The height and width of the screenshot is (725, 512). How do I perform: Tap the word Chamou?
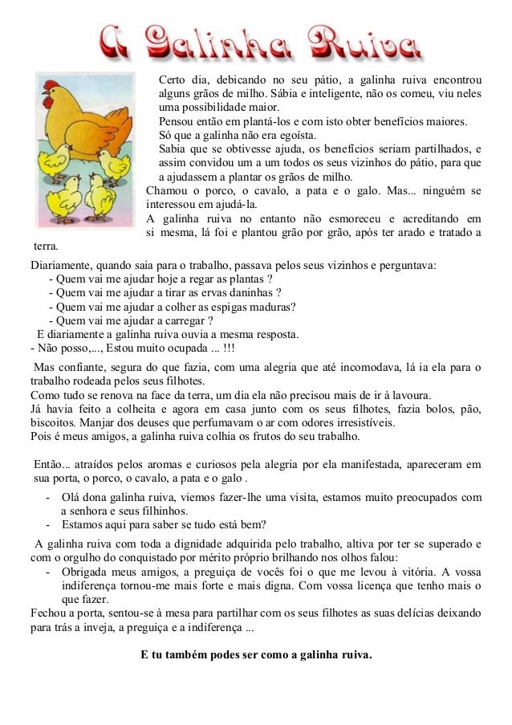click(165, 191)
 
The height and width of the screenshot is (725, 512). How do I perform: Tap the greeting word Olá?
click(71, 497)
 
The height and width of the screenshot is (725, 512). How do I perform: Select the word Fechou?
click(47, 613)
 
